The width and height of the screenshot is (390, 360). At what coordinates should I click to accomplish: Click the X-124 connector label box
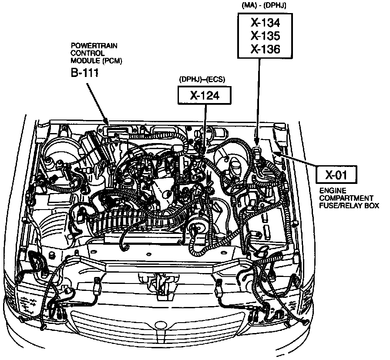tap(204, 95)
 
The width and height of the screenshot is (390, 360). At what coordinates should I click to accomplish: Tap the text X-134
tap(265, 23)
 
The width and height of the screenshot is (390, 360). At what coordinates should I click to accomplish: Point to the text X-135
tap(265, 36)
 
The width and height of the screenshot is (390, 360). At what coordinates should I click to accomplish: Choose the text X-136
tap(265, 49)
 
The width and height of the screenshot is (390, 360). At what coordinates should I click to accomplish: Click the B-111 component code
tap(85, 73)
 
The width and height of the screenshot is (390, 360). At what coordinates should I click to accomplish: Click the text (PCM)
tap(113, 60)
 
